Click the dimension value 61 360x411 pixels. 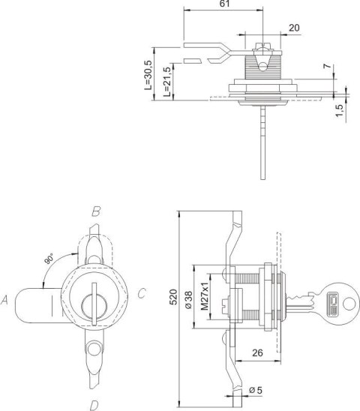(224, 4)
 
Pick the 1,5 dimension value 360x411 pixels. (339, 109)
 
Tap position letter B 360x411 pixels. (96, 212)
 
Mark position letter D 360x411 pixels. (94, 406)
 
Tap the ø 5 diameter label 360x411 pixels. (254, 389)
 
